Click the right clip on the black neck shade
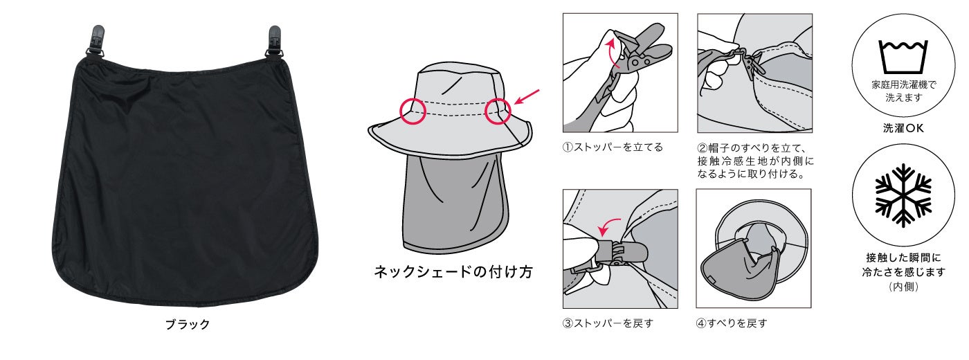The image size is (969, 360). click(274, 41)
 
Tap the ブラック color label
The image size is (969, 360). click(188, 324)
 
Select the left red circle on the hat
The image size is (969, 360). click(413, 111)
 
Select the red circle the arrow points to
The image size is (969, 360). click(498, 111)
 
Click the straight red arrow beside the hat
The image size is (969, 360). click(527, 97)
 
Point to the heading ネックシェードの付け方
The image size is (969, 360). click(453, 272)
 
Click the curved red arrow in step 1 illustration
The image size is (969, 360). click(610, 52)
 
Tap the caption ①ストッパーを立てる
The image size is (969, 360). click(613, 147)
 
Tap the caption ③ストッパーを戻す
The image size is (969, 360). click(608, 323)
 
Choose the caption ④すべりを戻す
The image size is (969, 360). click(731, 323)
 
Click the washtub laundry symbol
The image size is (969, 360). click(903, 57)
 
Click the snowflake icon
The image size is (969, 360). click(903, 195)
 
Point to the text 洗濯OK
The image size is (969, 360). click(903, 128)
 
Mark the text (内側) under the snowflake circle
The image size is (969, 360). click(903, 287)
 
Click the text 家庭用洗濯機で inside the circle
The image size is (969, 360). click(904, 84)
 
